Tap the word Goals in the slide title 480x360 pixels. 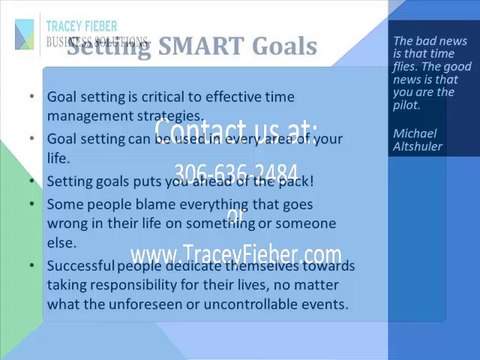[x=284, y=47]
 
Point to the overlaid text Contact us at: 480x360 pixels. [x=236, y=131]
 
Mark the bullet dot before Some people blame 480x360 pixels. [x=35, y=205]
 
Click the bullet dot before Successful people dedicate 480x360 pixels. [x=35, y=265]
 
